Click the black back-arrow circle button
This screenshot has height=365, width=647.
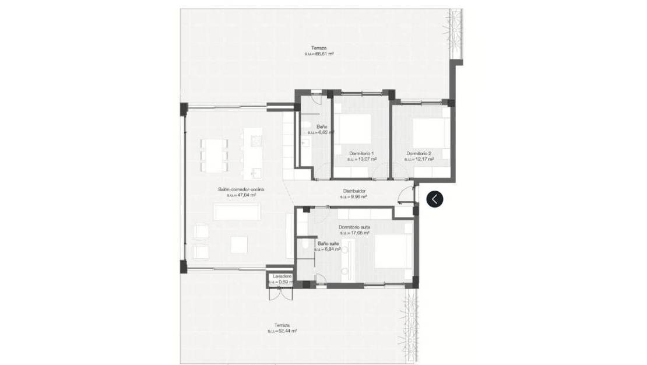coord(435,199)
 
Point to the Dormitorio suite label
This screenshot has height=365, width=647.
coord(354,227)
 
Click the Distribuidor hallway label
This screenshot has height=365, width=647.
coord(353,191)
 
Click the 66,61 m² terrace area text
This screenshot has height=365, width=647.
coord(319,54)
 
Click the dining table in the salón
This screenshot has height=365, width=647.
coord(214,155)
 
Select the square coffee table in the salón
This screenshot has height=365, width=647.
coord(239,245)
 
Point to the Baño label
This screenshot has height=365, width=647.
coord(322,127)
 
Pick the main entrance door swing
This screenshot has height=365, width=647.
coord(406,194)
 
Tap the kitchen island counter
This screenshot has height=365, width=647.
coord(254,153)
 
